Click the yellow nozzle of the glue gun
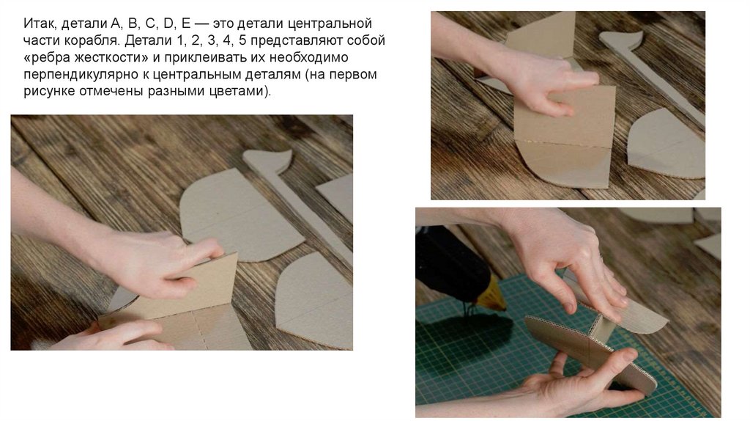coord(490,294)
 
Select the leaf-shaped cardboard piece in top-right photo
coord(667,144)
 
